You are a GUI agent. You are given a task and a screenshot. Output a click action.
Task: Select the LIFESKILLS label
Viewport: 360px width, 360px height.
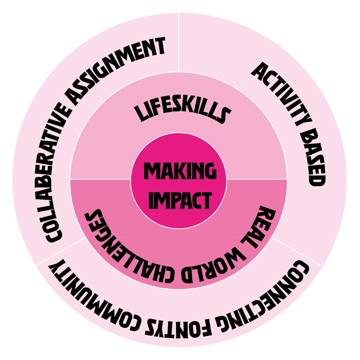(x=180, y=110)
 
